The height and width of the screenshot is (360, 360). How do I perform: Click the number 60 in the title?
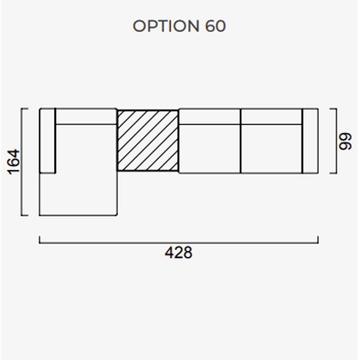216,26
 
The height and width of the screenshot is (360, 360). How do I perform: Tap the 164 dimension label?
14,162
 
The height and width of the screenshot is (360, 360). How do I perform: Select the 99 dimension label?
345,141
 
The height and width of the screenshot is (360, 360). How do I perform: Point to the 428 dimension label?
179,252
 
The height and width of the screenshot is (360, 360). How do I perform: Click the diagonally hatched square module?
148,140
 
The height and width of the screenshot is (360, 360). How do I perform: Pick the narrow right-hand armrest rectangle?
310,141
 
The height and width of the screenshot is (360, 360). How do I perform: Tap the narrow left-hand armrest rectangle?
48,140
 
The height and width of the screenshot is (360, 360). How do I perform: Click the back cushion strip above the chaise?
86,117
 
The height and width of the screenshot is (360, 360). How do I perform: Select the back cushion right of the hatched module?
210,117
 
